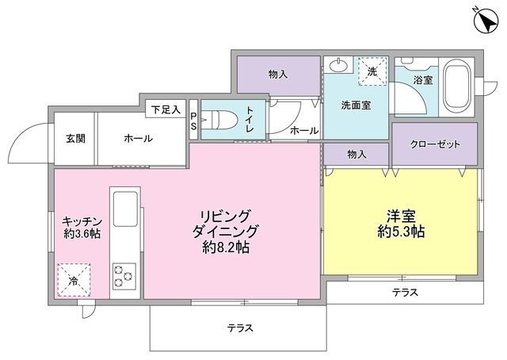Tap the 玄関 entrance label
tap(76, 139)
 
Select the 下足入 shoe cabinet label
tap(166, 108)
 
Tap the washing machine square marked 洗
tap(373, 71)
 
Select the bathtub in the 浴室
tap(458, 85)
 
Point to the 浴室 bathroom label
tap(424, 80)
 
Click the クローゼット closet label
tap(435, 144)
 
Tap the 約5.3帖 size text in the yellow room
tap(401, 233)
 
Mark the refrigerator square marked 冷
tap(72, 280)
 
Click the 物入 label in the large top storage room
tap(278, 75)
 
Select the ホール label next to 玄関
tap(139, 139)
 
